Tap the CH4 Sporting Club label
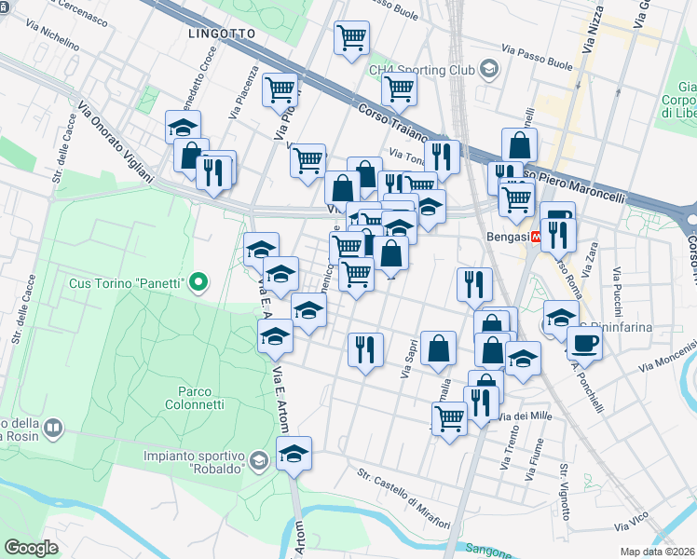[x=421, y=70]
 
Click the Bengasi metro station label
[x=507, y=237]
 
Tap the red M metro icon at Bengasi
[x=536, y=237]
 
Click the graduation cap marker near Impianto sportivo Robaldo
[x=294, y=454]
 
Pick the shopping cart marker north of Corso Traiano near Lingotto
[x=350, y=38]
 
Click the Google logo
[x=31, y=548]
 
